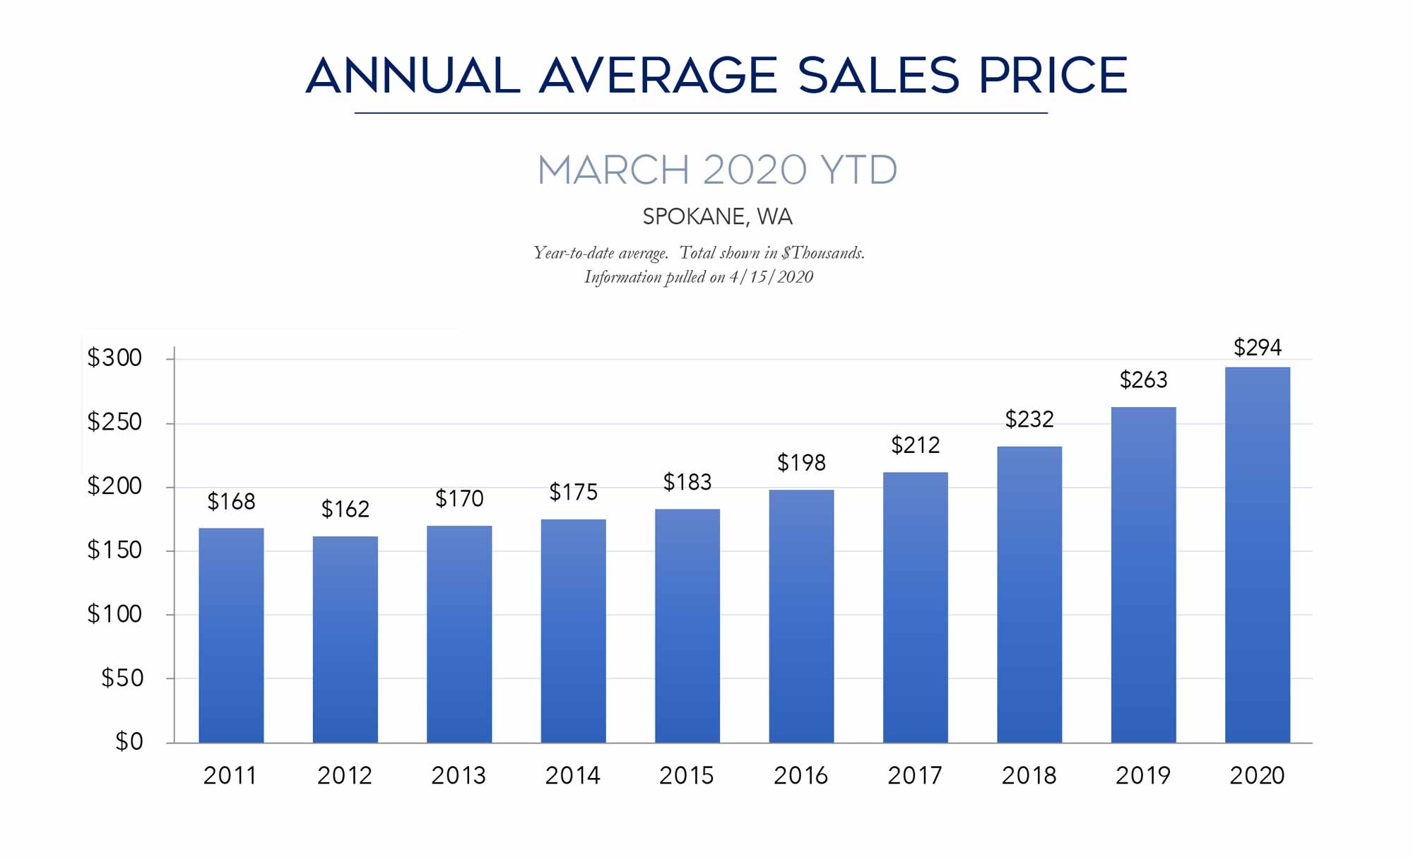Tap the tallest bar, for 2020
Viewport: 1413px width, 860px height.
pyautogui.click(x=1257, y=555)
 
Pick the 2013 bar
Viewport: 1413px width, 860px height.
pyautogui.click(x=459, y=634)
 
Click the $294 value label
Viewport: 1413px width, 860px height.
pyautogui.click(x=1257, y=348)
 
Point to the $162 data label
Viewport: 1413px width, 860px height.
pyautogui.click(x=345, y=509)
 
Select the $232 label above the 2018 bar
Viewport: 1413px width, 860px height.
pyautogui.click(x=1029, y=420)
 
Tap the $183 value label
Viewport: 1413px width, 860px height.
pyautogui.click(x=687, y=483)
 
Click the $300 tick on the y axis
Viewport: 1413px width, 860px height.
pyautogui.click(x=114, y=358)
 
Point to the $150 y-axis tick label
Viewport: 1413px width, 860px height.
pyautogui.click(x=114, y=550)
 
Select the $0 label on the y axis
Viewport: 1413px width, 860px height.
pyautogui.click(x=129, y=742)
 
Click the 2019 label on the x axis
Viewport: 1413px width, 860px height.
pyautogui.click(x=1142, y=776)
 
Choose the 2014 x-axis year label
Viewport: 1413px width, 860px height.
pyautogui.click(x=572, y=776)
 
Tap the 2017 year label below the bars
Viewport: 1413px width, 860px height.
pyautogui.click(x=915, y=776)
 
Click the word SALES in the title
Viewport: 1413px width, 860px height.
pyautogui.click(x=878, y=76)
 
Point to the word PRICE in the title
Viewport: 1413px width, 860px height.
pyautogui.click(x=1053, y=76)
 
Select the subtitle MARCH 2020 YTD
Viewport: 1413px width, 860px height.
pyautogui.click(x=717, y=170)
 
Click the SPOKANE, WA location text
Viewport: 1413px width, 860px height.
pyautogui.click(x=717, y=217)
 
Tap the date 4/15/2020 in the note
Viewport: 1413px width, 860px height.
pyautogui.click(x=771, y=277)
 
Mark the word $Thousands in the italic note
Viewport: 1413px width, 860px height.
pyautogui.click(x=822, y=253)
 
